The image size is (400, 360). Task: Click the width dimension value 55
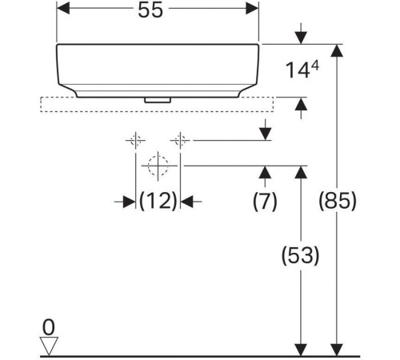(x=150, y=10)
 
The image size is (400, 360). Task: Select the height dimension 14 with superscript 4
(x=302, y=70)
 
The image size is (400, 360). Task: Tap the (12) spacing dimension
(x=158, y=201)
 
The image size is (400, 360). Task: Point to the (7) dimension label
(x=265, y=201)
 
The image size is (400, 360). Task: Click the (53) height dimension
(x=300, y=255)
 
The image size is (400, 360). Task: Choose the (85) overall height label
(x=338, y=201)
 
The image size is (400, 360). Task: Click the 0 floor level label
(x=49, y=327)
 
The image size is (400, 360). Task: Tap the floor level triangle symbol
(x=49, y=346)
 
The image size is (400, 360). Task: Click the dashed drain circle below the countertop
(x=158, y=166)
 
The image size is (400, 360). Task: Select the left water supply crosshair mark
(x=135, y=140)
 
